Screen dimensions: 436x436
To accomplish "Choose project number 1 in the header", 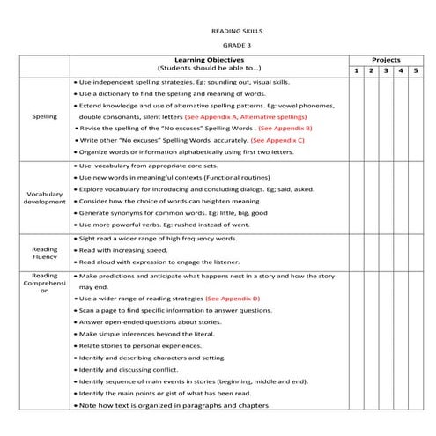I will (356, 70).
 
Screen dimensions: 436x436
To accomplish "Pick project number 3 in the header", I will (386, 70).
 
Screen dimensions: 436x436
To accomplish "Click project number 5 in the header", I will (415, 70).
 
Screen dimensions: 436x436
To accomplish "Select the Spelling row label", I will (44, 116).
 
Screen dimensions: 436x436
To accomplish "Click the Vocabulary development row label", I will (44, 197).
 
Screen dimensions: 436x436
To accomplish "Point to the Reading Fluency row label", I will (44, 255).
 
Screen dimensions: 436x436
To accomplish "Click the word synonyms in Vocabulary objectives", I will (124, 213).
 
